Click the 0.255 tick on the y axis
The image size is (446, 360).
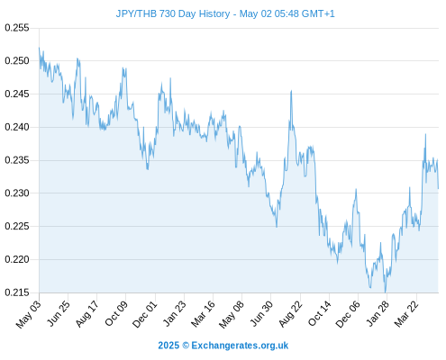(17, 28)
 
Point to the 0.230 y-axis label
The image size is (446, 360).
(17, 193)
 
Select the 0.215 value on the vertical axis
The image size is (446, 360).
(17, 292)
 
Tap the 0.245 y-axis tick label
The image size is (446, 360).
(17, 94)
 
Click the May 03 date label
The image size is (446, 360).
(28, 314)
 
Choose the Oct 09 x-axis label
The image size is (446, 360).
(116, 313)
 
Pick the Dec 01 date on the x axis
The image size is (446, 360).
(145, 314)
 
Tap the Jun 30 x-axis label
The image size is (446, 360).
(261, 313)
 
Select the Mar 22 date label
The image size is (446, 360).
(406, 314)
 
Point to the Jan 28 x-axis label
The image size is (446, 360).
(378, 313)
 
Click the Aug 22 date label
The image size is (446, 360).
(290, 314)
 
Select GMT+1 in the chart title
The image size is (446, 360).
(318, 13)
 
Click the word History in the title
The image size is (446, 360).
(214, 13)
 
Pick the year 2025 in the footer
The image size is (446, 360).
(168, 346)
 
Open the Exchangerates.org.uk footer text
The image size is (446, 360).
(240, 346)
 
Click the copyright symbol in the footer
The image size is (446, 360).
(186, 346)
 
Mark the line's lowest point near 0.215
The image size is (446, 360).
(385, 292)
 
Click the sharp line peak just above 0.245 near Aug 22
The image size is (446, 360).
(291, 91)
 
